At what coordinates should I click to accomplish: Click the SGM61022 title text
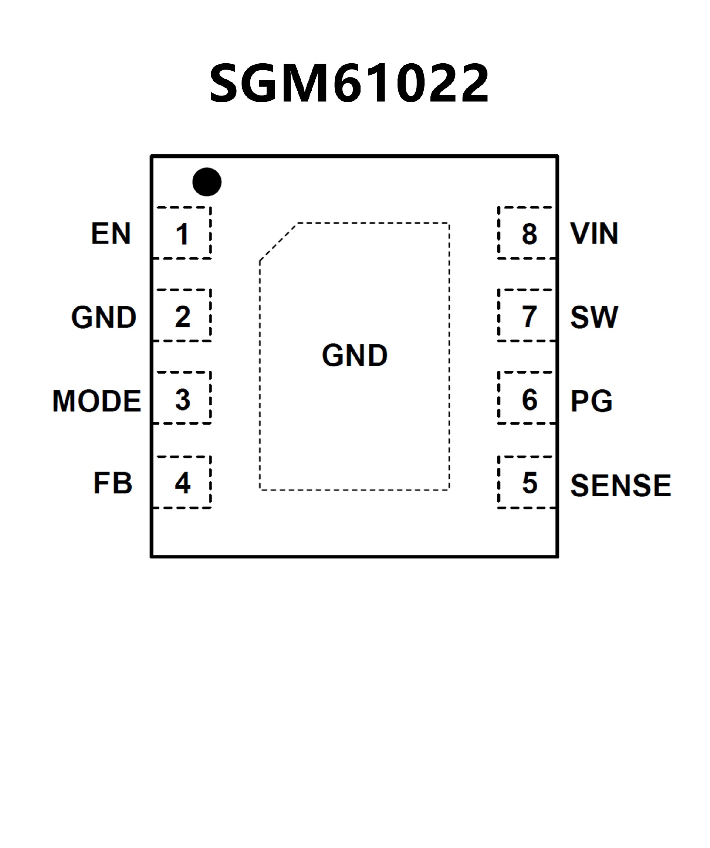pos(349,83)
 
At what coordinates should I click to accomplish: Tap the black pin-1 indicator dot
pos(207,182)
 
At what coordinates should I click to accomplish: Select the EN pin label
pos(111,234)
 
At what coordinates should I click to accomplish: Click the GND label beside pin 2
pos(104,317)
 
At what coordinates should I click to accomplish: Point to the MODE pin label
pos(97,401)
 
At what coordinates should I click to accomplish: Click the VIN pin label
pos(594,234)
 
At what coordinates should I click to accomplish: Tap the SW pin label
pos(594,317)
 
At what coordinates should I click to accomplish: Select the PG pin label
pos(591,401)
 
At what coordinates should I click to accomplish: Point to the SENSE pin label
pos(621,485)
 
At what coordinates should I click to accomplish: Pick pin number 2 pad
pos(182,316)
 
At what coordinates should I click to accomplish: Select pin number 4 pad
pos(182,483)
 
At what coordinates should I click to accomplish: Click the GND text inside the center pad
pos(355,355)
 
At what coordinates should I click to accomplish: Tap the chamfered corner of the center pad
pos(278,241)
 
